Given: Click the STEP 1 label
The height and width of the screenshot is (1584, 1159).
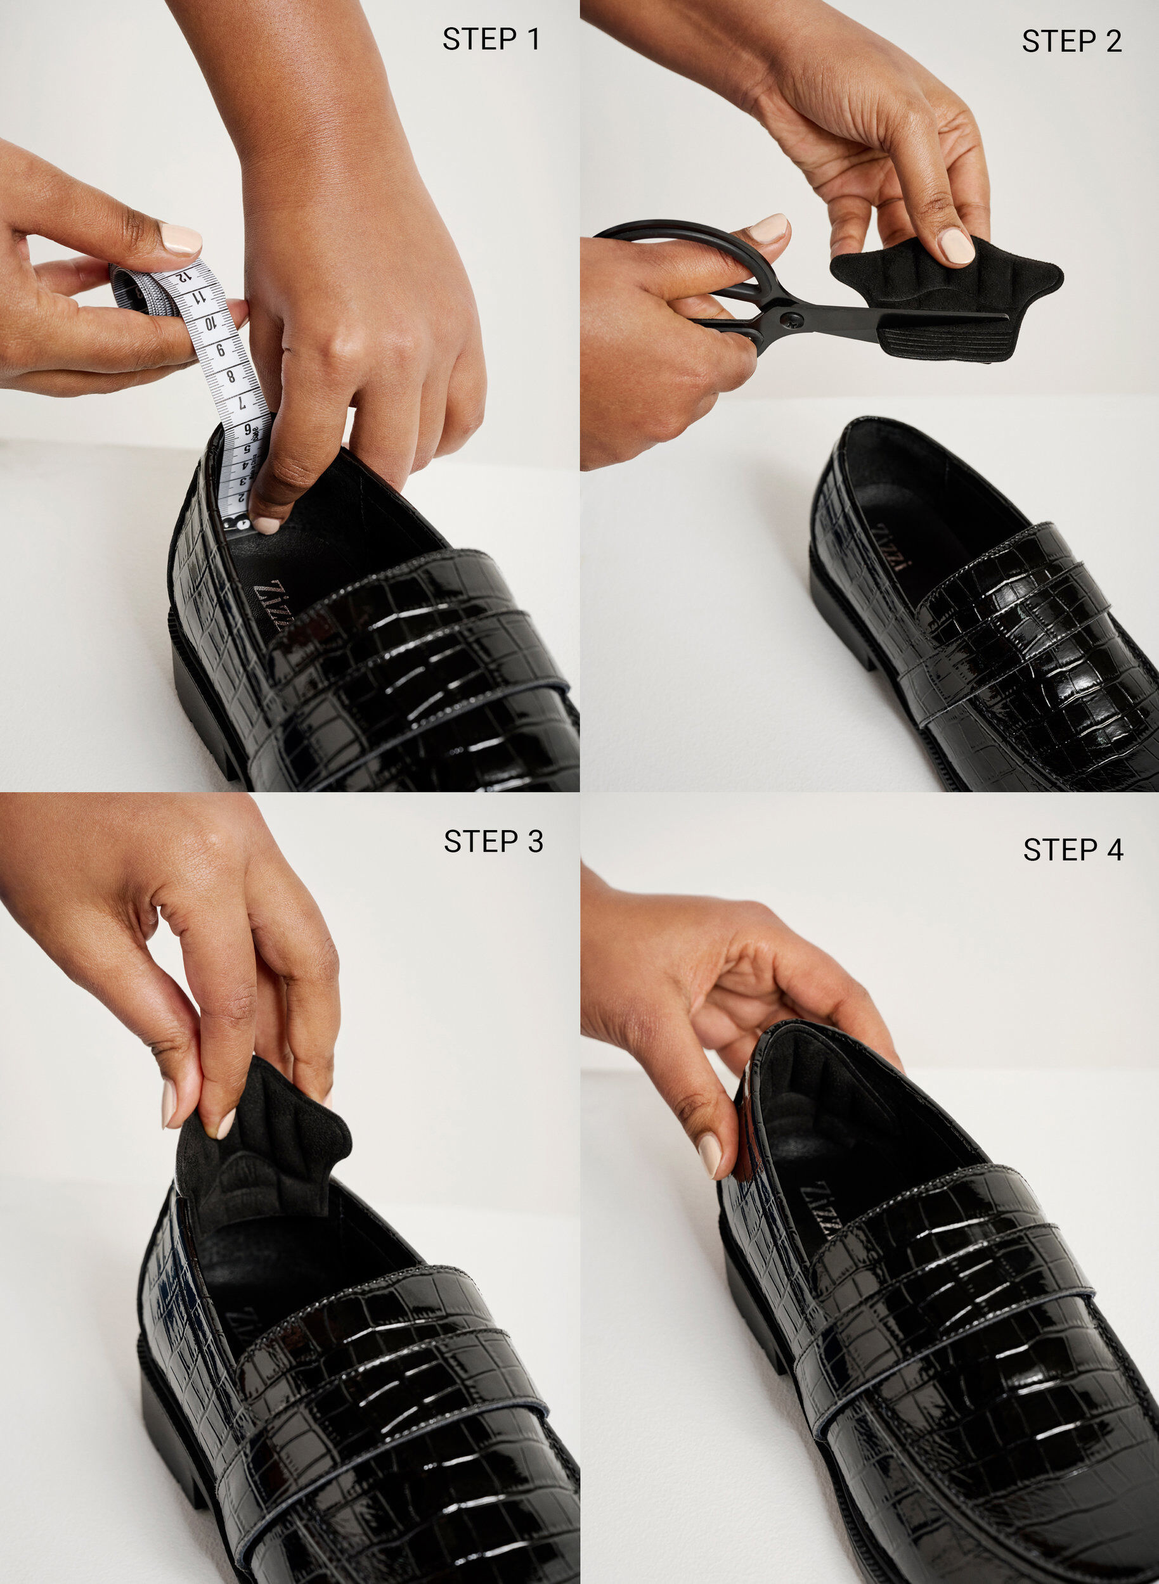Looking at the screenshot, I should point(491,39).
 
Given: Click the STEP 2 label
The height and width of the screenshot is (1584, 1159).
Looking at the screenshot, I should point(1072,41).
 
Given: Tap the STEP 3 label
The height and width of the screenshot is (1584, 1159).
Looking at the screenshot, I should point(493,841).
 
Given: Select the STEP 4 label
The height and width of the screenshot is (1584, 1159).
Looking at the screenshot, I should point(1073,849).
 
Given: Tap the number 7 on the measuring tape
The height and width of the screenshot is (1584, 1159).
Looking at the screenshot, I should point(241,403).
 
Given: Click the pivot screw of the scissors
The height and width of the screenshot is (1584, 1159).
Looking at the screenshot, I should point(794,321).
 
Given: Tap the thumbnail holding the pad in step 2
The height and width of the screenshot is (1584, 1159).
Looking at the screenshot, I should point(955,245).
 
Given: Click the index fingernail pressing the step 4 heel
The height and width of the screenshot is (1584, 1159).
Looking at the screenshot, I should point(709,1155).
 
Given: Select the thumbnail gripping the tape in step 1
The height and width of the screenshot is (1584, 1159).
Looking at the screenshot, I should point(181,238).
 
